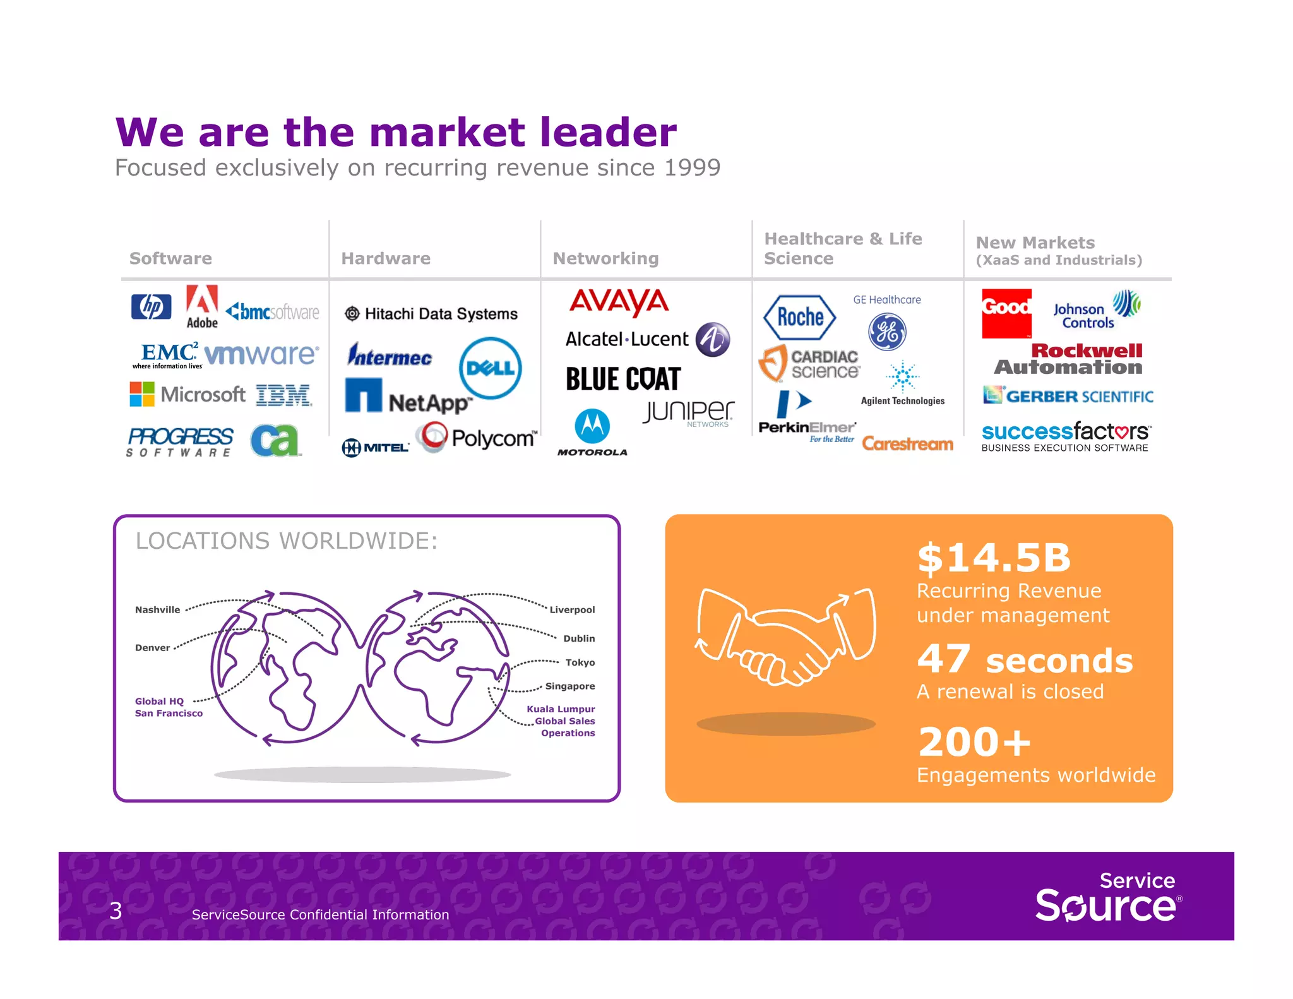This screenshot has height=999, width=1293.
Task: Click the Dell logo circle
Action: pos(491,368)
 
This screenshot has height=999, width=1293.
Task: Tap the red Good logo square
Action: pos(1006,313)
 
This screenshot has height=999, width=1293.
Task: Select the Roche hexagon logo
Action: pos(799,317)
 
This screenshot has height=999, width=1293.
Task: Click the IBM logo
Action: pos(283,395)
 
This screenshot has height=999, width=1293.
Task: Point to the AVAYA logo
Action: pos(619,302)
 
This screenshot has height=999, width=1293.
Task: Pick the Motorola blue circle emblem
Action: pos(592,426)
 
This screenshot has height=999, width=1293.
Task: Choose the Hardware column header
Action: pos(386,258)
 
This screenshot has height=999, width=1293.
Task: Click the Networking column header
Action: pos(605,258)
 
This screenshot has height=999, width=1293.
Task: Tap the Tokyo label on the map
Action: pos(580,662)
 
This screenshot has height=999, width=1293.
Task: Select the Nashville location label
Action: pos(157,609)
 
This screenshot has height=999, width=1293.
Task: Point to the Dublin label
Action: pos(579,638)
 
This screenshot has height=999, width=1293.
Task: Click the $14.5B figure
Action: pos(994,558)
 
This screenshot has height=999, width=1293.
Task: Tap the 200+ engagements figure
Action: pos(974,742)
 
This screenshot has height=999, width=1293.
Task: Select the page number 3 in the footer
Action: pos(116,911)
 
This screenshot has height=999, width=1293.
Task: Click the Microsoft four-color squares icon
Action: pos(142,394)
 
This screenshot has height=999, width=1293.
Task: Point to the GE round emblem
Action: pos(887,332)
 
